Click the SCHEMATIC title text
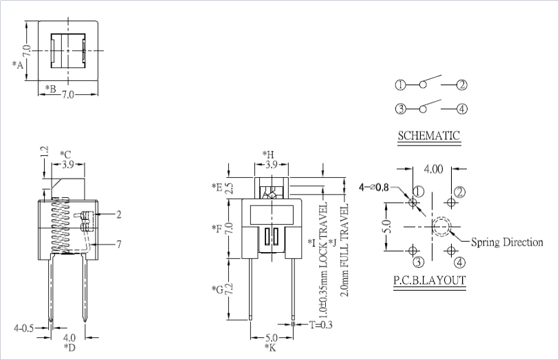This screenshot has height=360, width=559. pos(428,135)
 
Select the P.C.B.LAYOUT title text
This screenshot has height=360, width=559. pos(430,280)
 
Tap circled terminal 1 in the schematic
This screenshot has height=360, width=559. pos(401,85)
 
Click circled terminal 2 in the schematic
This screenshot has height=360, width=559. pos(462,85)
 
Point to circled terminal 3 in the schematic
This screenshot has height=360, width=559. pos(401,109)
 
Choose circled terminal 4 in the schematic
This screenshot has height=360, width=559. pos(462,109)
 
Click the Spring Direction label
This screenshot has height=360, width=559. pos(507,242)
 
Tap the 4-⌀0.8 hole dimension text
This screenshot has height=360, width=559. pos(373,186)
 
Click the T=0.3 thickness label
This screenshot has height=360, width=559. pos(320,324)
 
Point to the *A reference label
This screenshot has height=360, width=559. pos(18,65)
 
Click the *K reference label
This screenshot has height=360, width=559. pos(270,348)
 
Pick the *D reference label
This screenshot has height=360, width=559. pos(69,348)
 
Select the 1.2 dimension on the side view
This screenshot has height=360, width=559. pos(44,152)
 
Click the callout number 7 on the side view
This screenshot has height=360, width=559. pos(118,244)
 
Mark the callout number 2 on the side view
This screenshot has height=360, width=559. pos(118,214)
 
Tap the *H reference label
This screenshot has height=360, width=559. pos(269,155)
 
